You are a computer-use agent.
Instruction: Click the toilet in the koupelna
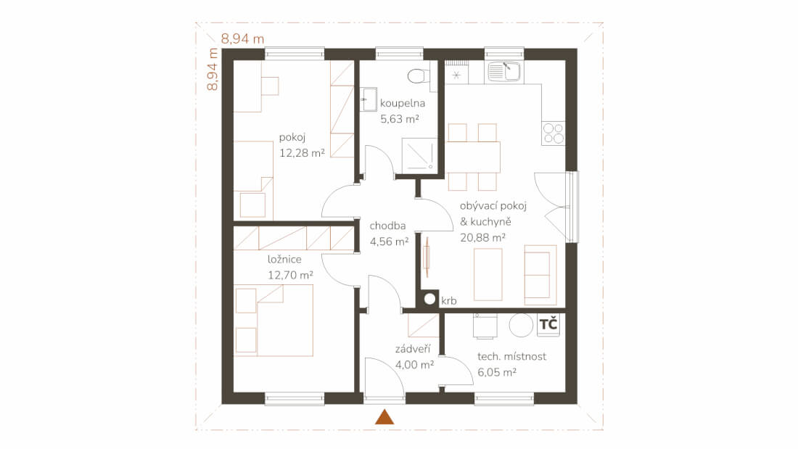click(418, 75)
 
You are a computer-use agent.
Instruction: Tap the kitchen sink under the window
click(504, 72)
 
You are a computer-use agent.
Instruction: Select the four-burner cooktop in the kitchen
click(554, 133)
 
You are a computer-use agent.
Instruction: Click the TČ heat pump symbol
click(548, 325)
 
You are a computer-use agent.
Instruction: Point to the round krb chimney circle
click(430, 299)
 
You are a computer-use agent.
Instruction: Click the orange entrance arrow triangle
click(384, 417)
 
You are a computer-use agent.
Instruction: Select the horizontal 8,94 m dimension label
click(243, 39)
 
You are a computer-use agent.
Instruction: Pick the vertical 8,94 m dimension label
click(213, 69)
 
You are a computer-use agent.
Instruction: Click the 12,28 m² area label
click(303, 153)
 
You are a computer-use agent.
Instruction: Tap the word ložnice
click(284, 259)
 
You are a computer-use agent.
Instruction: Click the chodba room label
click(388, 226)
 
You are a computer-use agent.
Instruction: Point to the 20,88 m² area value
click(483, 237)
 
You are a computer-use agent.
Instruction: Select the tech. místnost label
click(512, 356)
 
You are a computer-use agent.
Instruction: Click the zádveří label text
click(413, 349)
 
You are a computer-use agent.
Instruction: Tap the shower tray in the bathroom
click(420, 155)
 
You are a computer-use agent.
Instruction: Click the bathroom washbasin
click(369, 100)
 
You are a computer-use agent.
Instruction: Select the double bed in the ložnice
click(273, 320)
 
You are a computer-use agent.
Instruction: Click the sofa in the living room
click(540, 275)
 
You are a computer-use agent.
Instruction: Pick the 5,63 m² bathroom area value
click(400, 119)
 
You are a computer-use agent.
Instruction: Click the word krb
click(449, 301)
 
